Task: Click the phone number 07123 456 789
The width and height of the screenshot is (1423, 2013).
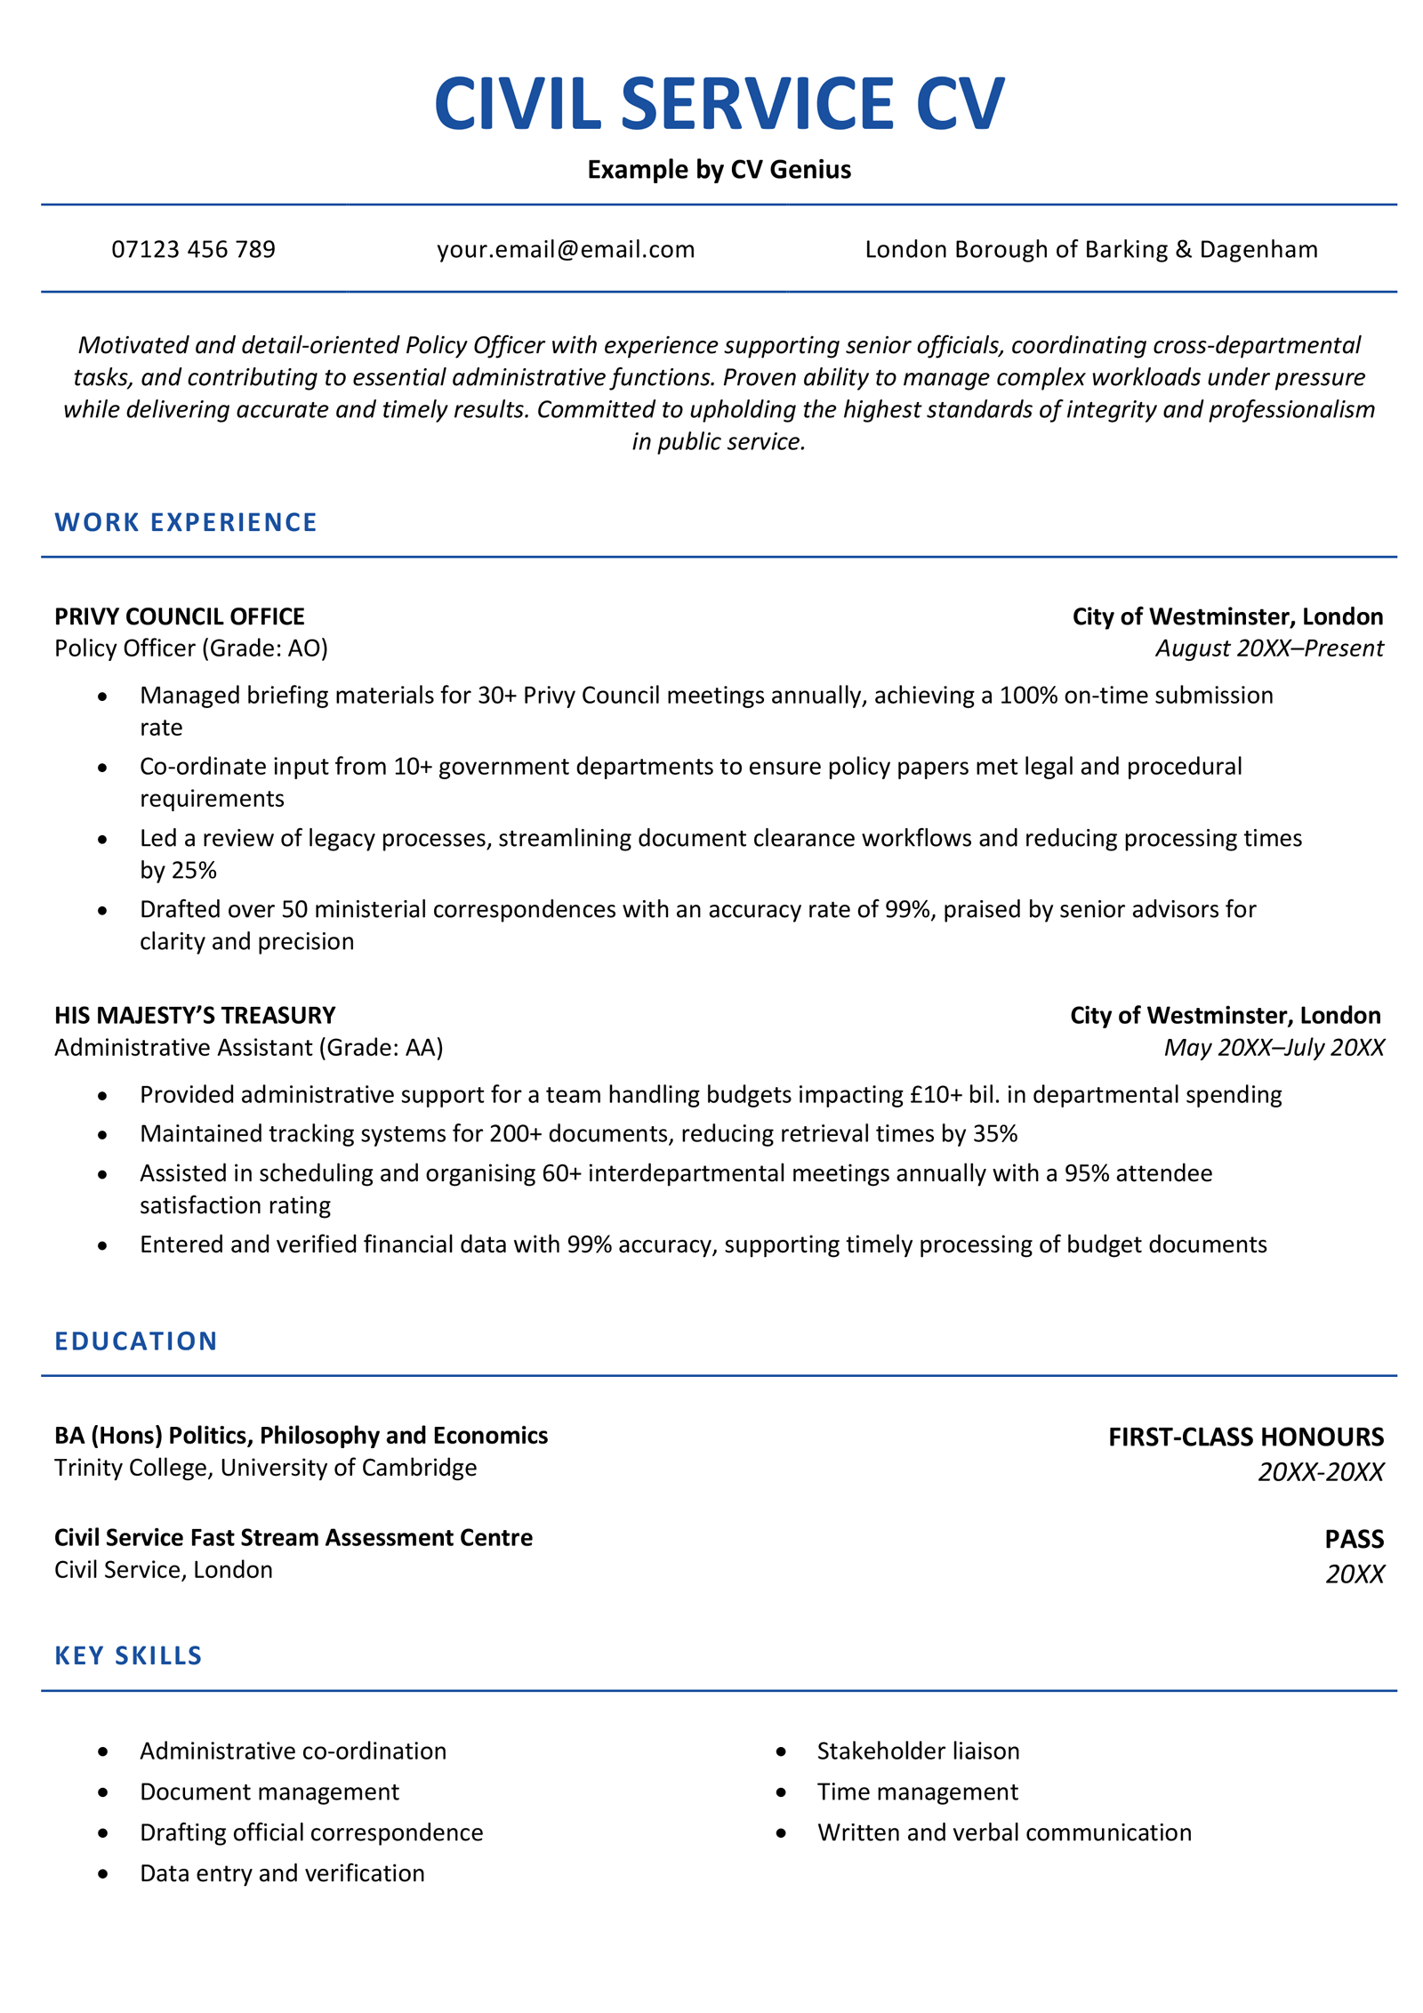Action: (193, 249)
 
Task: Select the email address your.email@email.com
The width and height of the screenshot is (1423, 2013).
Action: (566, 249)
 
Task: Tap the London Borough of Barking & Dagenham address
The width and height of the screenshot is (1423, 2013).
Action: (1090, 249)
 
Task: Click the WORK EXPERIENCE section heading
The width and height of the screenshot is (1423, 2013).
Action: (185, 522)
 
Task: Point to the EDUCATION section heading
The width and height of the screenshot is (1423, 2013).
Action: (136, 1341)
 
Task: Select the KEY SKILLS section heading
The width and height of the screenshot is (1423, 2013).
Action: (128, 1655)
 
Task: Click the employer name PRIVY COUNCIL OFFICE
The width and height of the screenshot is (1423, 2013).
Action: (179, 616)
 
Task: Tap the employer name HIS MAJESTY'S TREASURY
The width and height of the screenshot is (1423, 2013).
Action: (195, 1015)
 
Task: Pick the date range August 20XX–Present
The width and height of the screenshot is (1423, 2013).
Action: (1269, 648)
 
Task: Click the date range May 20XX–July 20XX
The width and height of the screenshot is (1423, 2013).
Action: (1274, 1047)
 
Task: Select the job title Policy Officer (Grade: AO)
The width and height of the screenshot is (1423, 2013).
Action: (191, 648)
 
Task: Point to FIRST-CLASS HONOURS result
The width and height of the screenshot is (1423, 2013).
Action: (1245, 1437)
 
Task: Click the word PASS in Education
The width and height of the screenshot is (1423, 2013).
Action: (1354, 1539)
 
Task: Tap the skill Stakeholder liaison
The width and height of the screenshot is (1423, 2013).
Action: (918, 1751)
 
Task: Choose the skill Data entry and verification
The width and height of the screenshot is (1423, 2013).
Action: (282, 1872)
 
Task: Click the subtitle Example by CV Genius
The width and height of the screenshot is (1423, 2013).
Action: (719, 169)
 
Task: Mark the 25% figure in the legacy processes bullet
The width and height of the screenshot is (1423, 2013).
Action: (192, 870)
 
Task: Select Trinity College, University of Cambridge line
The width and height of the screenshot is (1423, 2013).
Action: (265, 1467)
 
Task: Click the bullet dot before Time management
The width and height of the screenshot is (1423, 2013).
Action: (781, 1792)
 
